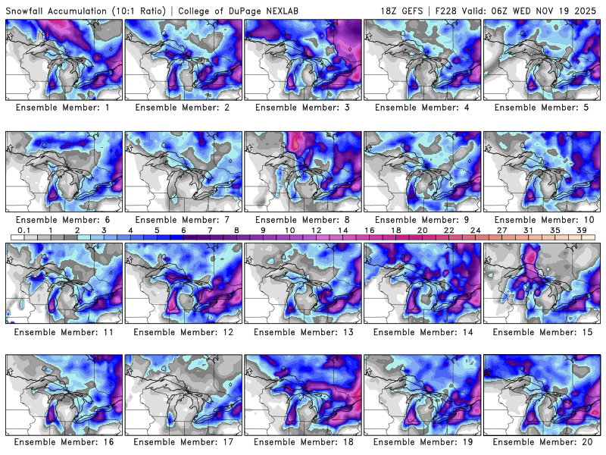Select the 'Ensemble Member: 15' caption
(542, 331)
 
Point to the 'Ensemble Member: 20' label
(542, 442)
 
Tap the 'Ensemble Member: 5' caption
(542, 108)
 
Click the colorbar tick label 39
(582, 230)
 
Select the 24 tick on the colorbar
(475, 230)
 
